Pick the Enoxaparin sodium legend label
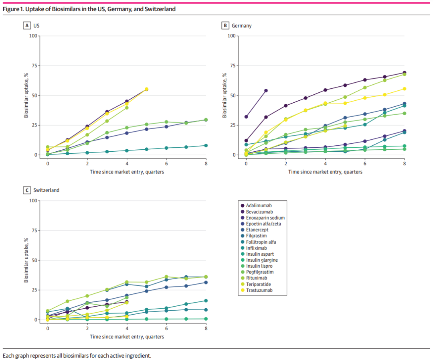pyautogui.click(x=265, y=218)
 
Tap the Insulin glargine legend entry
pyautogui.click(x=262, y=260)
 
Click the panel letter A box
pyautogui.click(x=27, y=26)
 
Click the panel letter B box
pyautogui.click(x=225, y=26)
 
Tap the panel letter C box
pyautogui.click(x=27, y=190)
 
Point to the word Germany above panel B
pyautogui.click(x=242, y=26)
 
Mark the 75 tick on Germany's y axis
pyautogui.click(x=232, y=66)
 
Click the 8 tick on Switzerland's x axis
pyautogui.click(x=206, y=329)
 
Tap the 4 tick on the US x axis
pyautogui.click(x=127, y=164)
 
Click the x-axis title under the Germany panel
pyautogui.click(x=325, y=172)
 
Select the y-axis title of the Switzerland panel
pyautogui.click(x=26, y=260)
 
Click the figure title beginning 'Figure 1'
pyautogui.click(x=89, y=9)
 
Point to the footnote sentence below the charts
pyautogui.click(x=77, y=356)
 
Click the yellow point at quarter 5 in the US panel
pyautogui.click(x=146, y=89)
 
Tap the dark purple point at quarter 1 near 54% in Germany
pyautogui.click(x=266, y=91)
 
